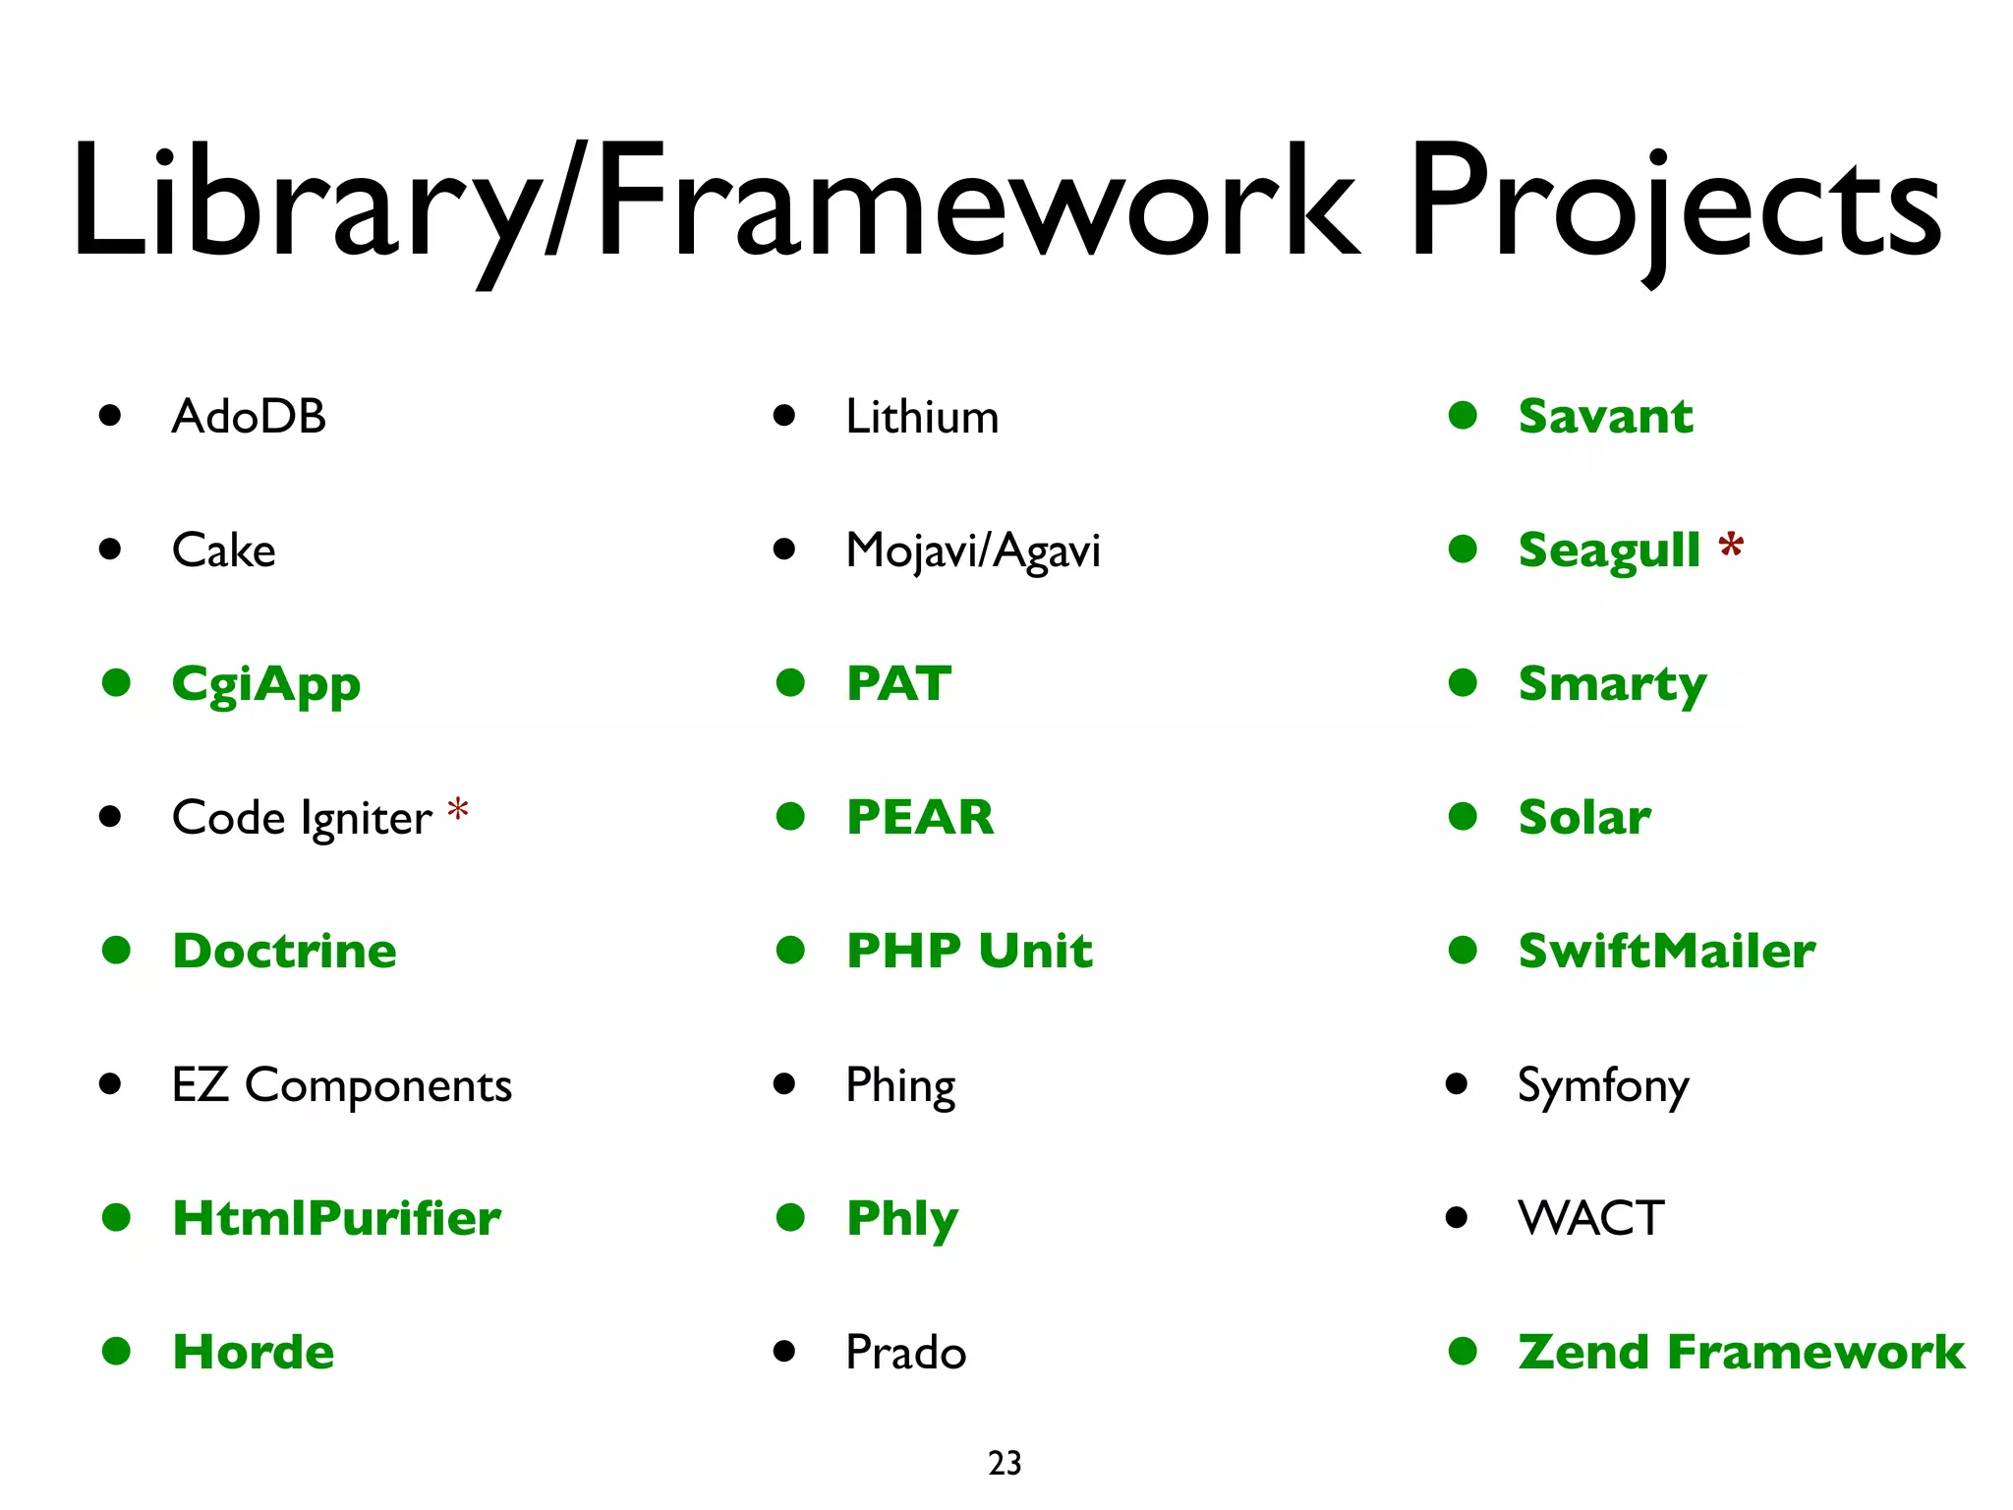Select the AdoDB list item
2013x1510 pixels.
click(x=249, y=416)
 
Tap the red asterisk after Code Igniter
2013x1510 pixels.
click(x=457, y=811)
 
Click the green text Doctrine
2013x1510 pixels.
click(x=284, y=951)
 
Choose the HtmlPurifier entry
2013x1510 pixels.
click(x=336, y=1218)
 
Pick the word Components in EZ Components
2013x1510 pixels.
click(x=378, y=1085)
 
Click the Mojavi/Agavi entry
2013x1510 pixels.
click(x=973, y=551)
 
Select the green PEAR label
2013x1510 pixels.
click(x=920, y=817)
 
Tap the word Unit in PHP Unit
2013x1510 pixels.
click(x=1036, y=951)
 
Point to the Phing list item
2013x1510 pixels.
click(x=900, y=1086)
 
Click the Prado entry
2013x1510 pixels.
click(x=906, y=1352)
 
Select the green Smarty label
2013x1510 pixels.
click(x=1612, y=684)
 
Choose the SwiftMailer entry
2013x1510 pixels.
click(x=1667, y=951)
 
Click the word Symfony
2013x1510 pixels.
click(x=1603, y=1086)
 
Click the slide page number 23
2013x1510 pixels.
click(x=1005, y=1463)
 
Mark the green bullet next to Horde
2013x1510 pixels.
click(x=116, y=1351)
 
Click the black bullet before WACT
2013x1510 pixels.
click(x=1457, y=1218)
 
